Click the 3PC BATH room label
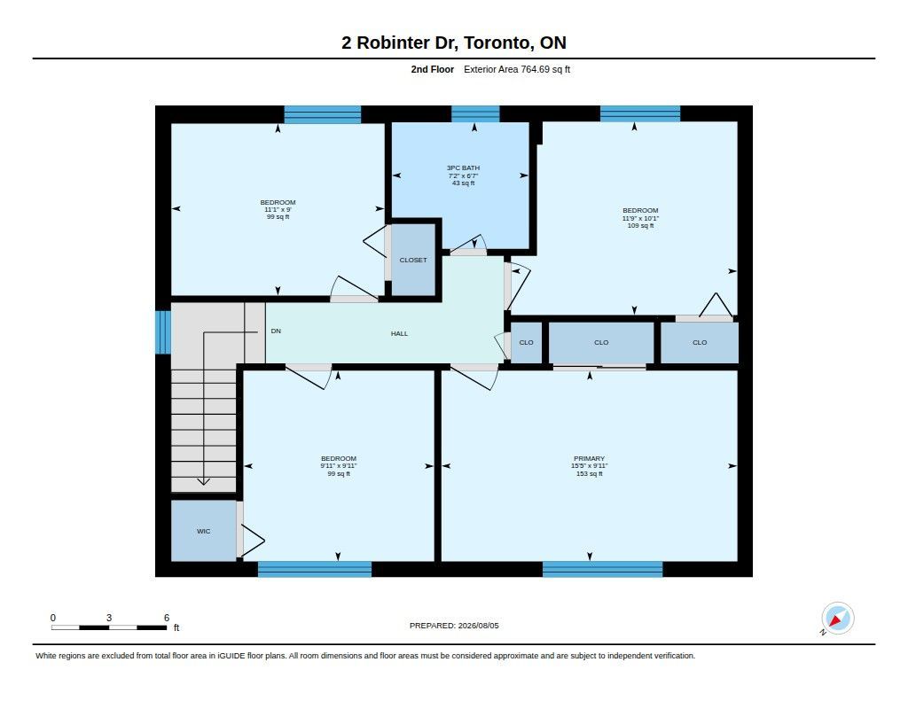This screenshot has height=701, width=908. tap(463, 167)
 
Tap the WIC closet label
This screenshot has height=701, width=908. tap(203, 532)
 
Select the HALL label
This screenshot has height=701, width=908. tap(399, 333)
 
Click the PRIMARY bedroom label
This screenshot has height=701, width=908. tap(589, 458)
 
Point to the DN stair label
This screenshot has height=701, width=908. tap(276, 331)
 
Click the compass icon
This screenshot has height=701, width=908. tap(837, 619)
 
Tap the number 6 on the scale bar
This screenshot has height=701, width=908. tap(167, 618)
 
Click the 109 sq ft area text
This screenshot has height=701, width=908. tap(640, 226)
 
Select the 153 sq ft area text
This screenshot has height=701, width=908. tap(589, 473)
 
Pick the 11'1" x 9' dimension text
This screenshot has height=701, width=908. tap(278, 209)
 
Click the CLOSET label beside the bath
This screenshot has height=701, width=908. tap(413, 260)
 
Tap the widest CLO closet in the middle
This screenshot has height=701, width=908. tap(601, 343)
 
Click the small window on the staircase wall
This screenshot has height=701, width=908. tap(163, 332)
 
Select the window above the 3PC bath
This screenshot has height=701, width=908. tap(475, 113)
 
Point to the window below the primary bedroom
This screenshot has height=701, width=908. tap(602, 569)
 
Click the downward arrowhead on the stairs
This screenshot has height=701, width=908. tap(204, 481)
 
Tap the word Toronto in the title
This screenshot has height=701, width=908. tap(497, 43)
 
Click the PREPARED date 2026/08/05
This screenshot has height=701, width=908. tap(478, 626)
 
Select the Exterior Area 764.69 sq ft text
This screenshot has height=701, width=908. tap(517, 69)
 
